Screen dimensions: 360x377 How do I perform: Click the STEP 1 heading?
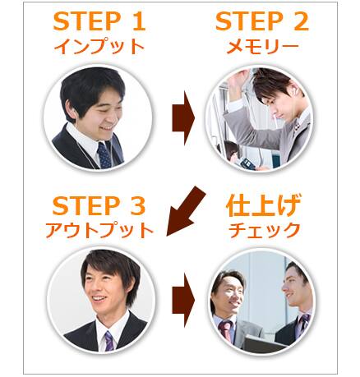tap(99, 21)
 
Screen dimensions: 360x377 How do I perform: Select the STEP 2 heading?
tap(262, 21)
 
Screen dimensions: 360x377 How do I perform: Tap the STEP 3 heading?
tap(99, 206)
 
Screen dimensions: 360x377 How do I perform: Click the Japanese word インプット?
tap(99, 47)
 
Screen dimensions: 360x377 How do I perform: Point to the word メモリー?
tap(262, 47)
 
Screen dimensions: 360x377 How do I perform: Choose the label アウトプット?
tap(99, 231)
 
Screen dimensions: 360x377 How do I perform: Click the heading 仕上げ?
tap(263, 205)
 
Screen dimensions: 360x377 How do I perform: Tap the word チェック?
tap(264, 231)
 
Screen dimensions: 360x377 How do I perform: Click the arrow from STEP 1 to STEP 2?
tap(183, 118)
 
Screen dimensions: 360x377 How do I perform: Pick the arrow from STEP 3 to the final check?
tap(183, 300)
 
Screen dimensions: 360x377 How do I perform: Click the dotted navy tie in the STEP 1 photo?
tap(104, 155)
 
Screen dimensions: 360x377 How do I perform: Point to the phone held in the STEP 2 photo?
tap(247, 163)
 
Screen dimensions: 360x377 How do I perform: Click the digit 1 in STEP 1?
tap(139, 21)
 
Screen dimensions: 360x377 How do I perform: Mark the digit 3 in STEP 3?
tap(138, 206)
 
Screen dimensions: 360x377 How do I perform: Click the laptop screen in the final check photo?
tap(262, 344)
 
